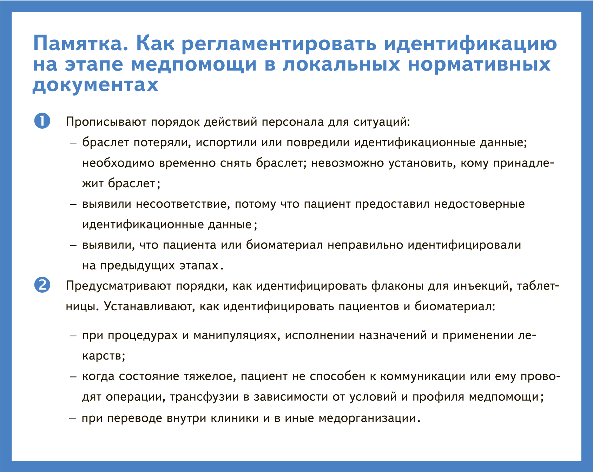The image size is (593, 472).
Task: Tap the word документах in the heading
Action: point(95,85)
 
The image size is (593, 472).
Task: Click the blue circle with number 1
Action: point(42,121)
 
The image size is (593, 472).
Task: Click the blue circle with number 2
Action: point(42,285)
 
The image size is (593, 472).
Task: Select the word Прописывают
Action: point(106,122)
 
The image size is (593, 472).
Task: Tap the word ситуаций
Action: point(382,122)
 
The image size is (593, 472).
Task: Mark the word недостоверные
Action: point(479,204)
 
